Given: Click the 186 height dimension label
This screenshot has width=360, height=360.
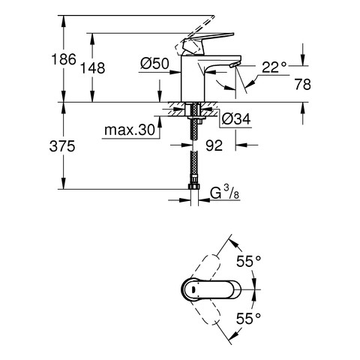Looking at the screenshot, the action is (64, 59).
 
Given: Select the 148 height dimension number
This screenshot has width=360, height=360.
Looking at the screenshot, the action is (92, 68).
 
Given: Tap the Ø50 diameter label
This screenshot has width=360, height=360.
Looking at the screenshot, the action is (154, 64).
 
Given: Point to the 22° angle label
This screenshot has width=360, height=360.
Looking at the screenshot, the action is (274, 67).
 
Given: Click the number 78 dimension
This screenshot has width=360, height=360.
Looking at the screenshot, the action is (303, 84).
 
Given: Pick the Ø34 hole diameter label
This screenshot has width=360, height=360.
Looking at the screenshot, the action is (236, 118).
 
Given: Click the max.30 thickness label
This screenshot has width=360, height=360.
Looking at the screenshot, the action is (130, 130).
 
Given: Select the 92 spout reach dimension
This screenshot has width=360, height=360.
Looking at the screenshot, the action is (214, 145).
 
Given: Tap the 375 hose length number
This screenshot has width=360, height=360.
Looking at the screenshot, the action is (62, 146).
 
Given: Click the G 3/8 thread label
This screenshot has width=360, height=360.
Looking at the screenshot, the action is (224, 193).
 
